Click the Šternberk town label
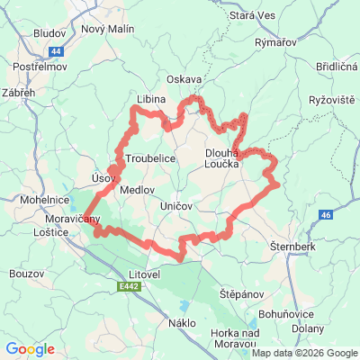(x=291, y=245)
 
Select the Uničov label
(x=176, y=207)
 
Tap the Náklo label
(x=182, y=322)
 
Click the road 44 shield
(x=57, y=51)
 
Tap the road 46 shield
(x=326, y=214)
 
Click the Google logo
(x=30, y=349)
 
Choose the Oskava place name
(x=184, y=79)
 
